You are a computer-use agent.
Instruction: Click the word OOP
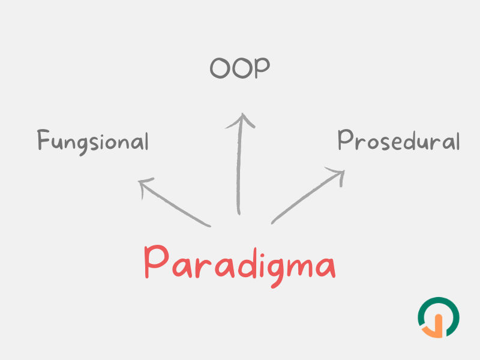[x=239, y=68]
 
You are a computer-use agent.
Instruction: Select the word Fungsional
[x=93, y=142]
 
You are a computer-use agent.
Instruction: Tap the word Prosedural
[x=398, y=140]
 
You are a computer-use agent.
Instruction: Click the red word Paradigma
[x=240, y=265]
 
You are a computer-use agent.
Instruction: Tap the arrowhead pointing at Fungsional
[x=144, y=185]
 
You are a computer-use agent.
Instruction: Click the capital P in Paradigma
[x=156, y=261]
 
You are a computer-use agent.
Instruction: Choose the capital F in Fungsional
[x=43, y=139]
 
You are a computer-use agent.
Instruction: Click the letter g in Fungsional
[x=83, y=145]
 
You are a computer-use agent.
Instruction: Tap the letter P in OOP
[x=262, y=68]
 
